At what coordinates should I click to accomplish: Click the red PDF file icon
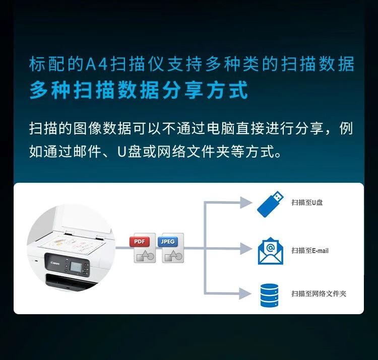coord(141,248)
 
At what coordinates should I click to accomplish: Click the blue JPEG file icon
coord(169,248)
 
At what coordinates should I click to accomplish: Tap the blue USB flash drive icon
coord(271,203)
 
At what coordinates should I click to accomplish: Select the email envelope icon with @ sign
coord(271,250)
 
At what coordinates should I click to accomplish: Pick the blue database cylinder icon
coord(270,295)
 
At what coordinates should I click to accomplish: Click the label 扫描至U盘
coord(307,202)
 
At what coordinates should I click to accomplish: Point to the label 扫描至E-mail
coord(310,250)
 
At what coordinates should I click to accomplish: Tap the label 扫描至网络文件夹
coord(319,294)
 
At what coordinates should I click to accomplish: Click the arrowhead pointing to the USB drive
coord(245,203)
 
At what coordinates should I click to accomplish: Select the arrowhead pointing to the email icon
coord(245,248)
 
